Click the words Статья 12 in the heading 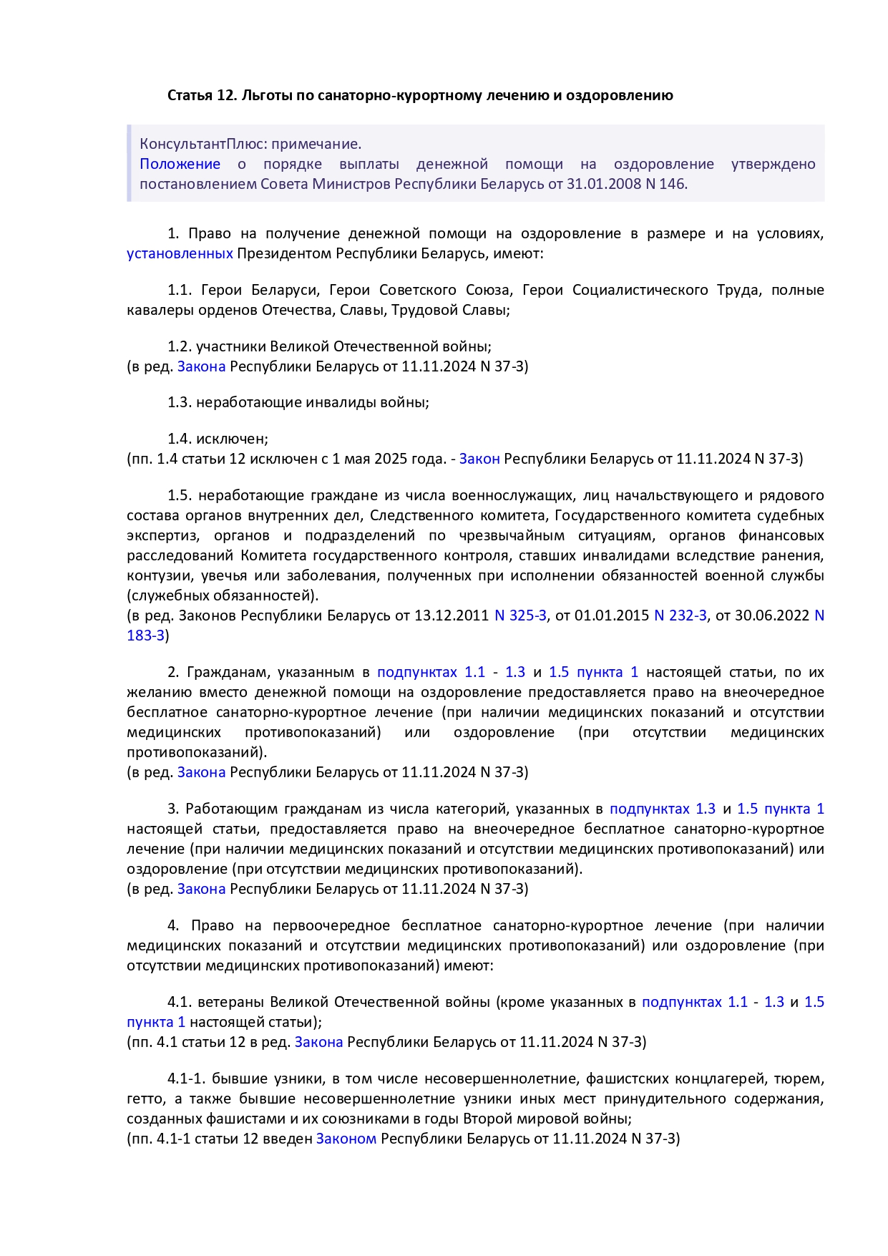click(x=202, y=95)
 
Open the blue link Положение click(x=180, y=164)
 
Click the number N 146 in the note click(x=665, y=184)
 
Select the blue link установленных click(x=180, y=253)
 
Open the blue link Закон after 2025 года click(x=479, y=459)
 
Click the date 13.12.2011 click(x=451, y=615)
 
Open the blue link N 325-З click(x=520, y=615)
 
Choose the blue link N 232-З click(x=680, y=615)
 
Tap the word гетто click(x=144, y=1099)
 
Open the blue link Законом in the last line click(x=346, y=1139)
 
